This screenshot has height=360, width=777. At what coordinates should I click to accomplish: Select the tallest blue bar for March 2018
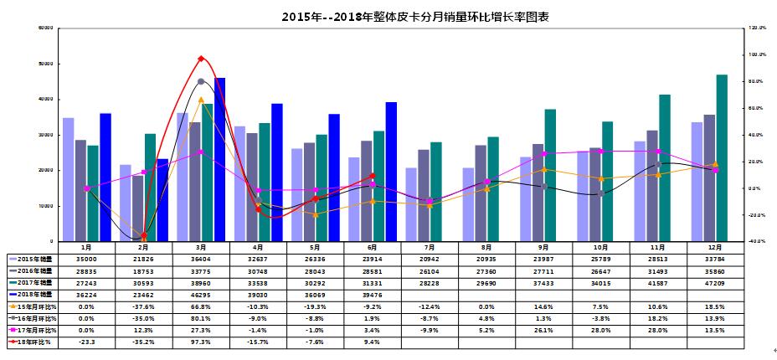(220, 159)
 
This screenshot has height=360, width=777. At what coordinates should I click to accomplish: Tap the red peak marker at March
(201, 59)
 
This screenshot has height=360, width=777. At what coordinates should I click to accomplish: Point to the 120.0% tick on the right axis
(756, 28)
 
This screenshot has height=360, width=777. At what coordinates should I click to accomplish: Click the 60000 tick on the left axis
(45, 28)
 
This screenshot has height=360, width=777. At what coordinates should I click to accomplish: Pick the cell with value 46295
(201, 296)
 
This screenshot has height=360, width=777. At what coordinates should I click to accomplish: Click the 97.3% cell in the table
(201, 342)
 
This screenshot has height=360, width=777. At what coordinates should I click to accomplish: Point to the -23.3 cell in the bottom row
(86, 342)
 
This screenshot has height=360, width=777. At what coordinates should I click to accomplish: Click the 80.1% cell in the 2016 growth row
(201, 319)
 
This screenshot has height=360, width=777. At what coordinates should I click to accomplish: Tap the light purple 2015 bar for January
(69, 179)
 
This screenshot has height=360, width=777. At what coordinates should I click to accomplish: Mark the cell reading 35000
(86, 260)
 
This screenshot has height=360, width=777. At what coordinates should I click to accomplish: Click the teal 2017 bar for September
(550, 175)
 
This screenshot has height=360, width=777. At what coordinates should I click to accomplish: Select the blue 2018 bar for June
(391, 171)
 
